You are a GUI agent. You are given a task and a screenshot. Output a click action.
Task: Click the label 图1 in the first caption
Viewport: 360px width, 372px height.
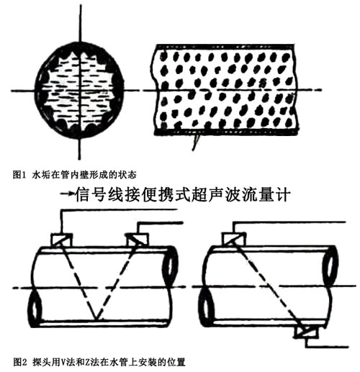coord(19,175)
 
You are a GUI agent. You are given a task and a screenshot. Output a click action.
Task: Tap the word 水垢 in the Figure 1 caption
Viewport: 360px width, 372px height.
coord(40,175)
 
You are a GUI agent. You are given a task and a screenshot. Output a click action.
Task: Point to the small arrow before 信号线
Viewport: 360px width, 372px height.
coord(67,194)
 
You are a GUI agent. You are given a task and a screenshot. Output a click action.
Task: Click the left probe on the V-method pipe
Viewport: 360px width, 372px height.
coord(61,240)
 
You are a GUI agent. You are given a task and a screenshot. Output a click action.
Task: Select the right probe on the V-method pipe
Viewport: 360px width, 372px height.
coord(138,240)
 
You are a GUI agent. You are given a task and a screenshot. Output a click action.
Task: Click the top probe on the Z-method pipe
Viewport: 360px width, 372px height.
coord(234,240)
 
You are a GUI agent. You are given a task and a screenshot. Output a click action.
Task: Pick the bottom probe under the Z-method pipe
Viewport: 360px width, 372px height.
coord(307,332)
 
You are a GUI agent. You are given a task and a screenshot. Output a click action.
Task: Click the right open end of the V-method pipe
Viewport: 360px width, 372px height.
coord(171,268)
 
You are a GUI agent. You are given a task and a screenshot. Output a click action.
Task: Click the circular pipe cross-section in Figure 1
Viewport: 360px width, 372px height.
coord(80,91)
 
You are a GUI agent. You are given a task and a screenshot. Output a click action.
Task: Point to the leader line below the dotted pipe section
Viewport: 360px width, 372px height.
coord(195,142)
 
